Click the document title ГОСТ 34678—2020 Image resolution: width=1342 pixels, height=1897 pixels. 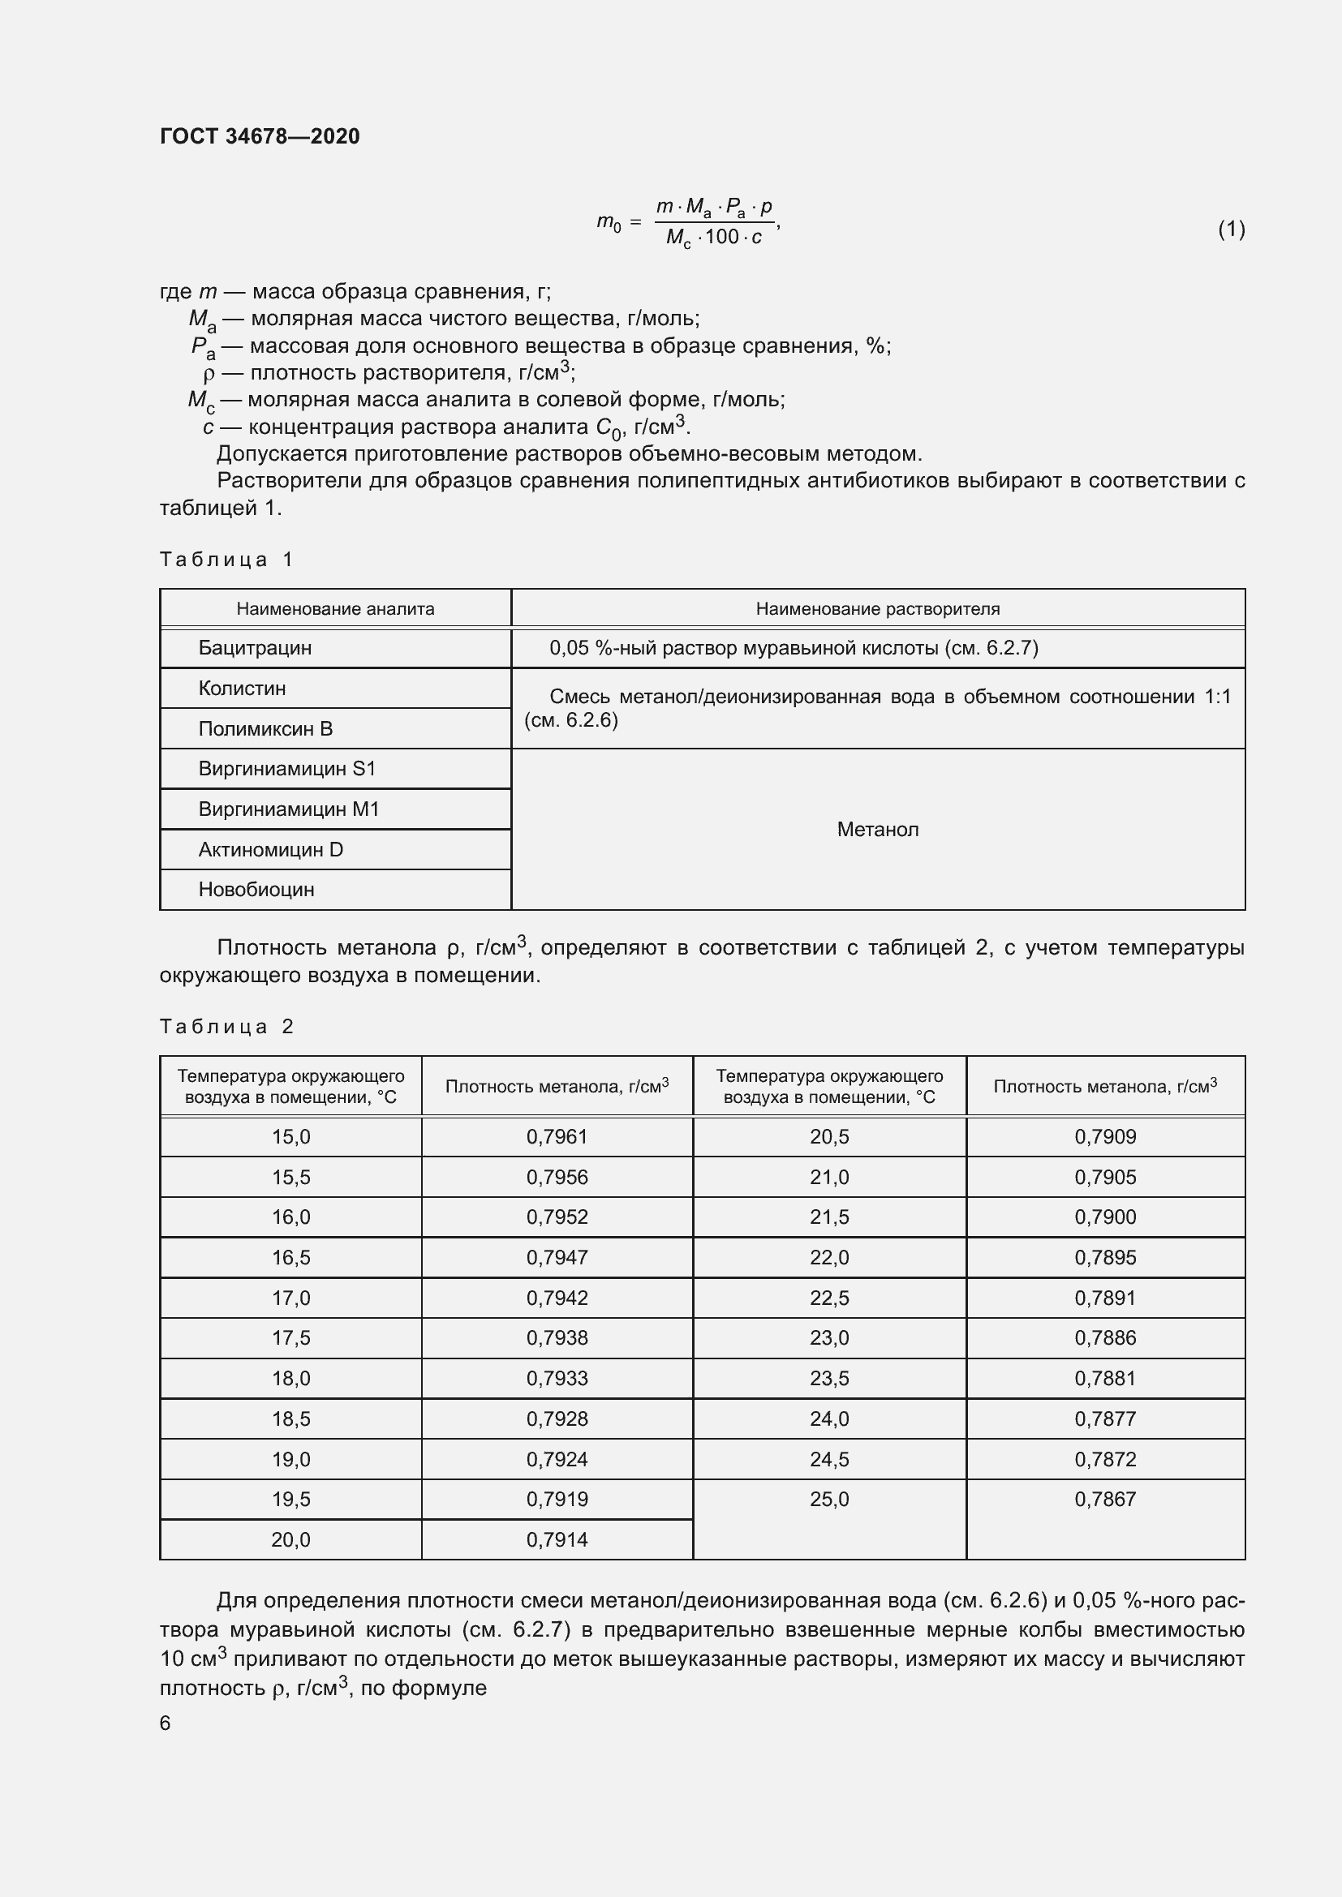click(260, 136)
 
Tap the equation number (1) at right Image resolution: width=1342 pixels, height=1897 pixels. click(1231, 229)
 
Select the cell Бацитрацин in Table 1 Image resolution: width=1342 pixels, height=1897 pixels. click(255, 648)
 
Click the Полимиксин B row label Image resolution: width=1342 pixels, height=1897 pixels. click(265, 729)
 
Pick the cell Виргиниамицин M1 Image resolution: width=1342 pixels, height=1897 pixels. click(288, 809)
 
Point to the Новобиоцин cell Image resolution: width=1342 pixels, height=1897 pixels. click(256, 890)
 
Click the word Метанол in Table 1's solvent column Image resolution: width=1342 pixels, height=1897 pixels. click(878, 830)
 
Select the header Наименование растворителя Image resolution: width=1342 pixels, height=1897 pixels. click(878, 609)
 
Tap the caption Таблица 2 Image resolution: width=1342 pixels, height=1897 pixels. click(226, 1027)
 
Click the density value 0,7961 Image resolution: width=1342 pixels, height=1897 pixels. click(557, 1137)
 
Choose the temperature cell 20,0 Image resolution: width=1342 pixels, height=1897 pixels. click(291, 1539)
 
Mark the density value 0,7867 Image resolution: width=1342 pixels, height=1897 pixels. click(1105, 1499)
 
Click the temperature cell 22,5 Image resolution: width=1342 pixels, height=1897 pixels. click(829, 1298)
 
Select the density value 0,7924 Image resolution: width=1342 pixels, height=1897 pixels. click(557, 1459)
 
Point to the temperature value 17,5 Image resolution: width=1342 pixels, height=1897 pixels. click(291, 1337)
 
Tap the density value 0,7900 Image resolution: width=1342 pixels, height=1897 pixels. click(1105, 1217)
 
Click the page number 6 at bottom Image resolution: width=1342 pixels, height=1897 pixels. click(166, 1723)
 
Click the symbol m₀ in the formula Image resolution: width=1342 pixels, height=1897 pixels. click(609, 222)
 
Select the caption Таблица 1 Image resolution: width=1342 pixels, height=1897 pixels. click(226, 560)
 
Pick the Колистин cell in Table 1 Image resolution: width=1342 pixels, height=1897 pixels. click(242, 689)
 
